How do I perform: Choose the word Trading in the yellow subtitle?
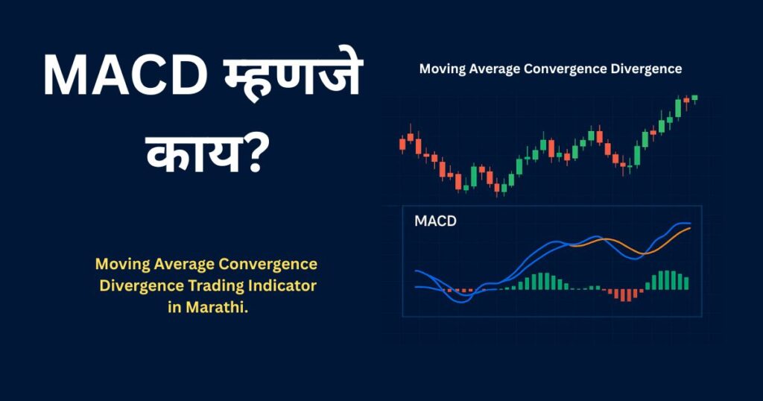(202, 286)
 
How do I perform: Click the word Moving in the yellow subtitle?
(119, 265)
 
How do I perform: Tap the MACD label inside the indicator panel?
(435, 221)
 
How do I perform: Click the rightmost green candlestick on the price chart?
(694, 98)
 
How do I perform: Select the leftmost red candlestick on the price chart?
(403, 143)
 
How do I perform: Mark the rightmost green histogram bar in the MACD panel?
(686, 283)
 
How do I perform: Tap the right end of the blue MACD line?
(689, 223)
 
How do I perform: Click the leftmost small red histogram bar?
(444, 289)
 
